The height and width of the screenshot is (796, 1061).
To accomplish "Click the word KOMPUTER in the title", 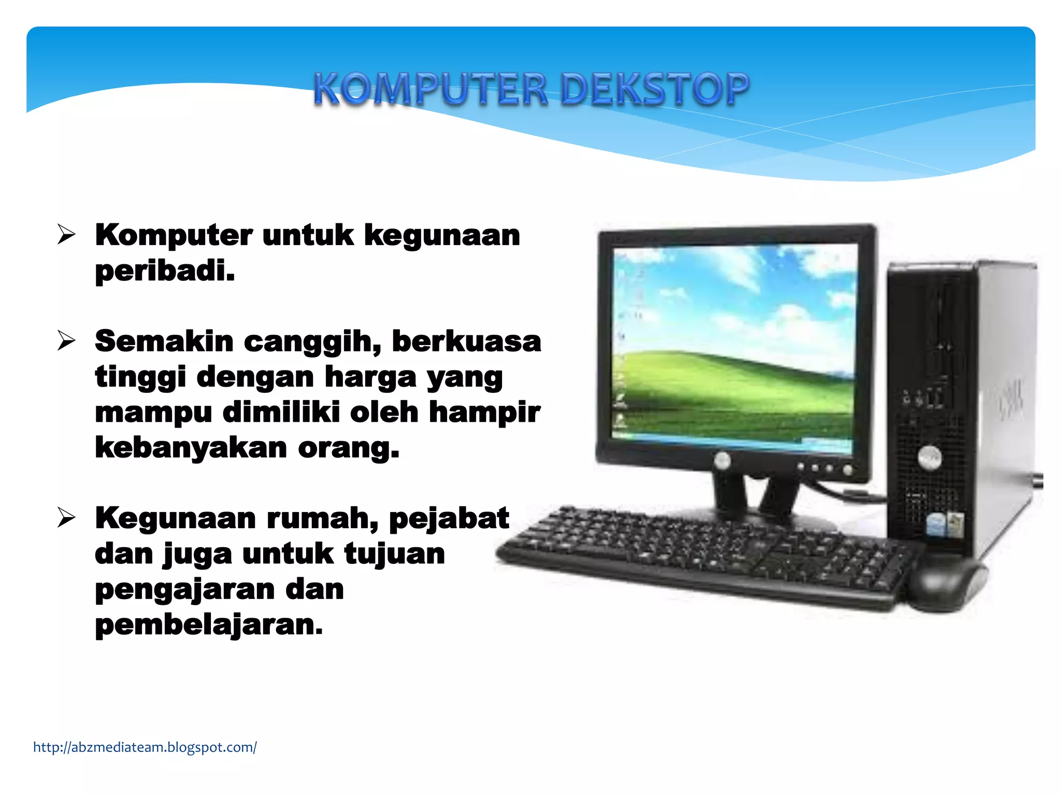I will (430, 89).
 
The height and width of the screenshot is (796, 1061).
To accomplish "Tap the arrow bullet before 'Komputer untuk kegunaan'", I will (66, 235).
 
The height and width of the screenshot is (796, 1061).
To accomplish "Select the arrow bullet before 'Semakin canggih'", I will (66, 341).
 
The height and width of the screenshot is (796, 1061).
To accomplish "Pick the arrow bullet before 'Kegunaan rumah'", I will (66, 518).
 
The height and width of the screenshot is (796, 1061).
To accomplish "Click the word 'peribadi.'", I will (165, 271).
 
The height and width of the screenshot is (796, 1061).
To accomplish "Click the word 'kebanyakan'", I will (191, 448).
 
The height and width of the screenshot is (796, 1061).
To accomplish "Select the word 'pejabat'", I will (449, 518).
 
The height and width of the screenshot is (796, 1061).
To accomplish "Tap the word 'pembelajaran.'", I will (209, 625).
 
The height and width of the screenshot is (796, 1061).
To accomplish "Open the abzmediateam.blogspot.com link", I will (145, 747).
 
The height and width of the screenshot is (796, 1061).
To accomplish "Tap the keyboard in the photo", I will (699, 557).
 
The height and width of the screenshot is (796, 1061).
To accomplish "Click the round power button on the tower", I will (929, 458).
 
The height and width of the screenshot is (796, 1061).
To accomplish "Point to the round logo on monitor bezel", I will (722, 459).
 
